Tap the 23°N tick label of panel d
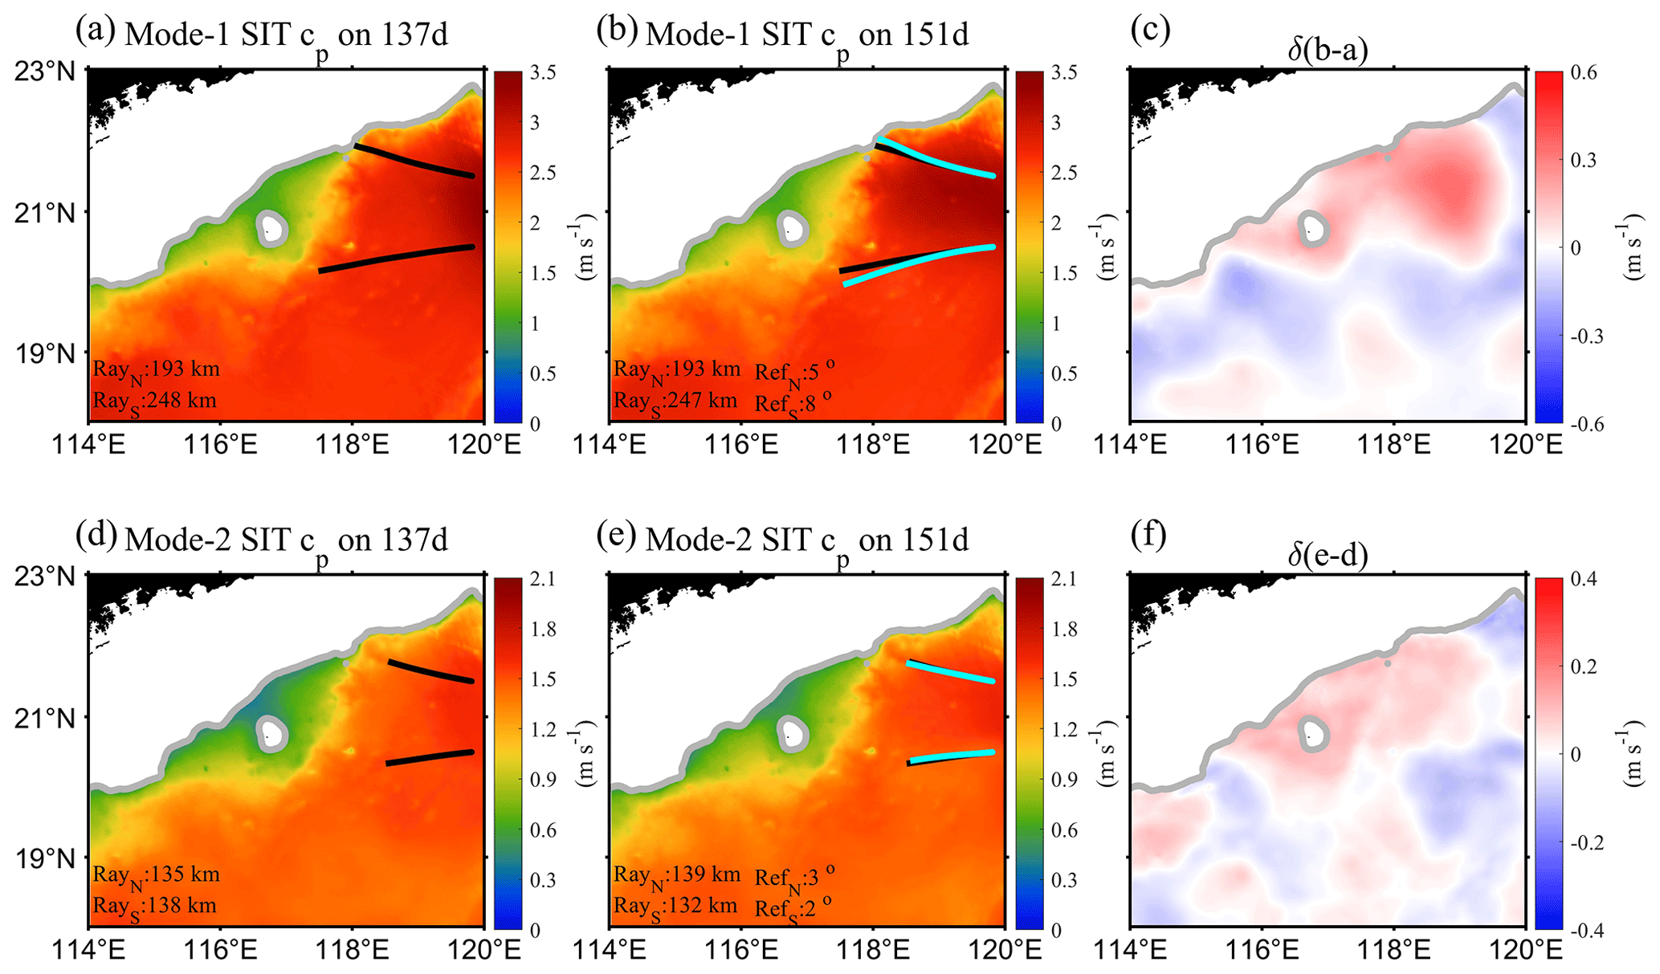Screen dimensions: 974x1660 tap(45, 577)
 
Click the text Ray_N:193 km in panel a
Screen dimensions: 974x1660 tap(156, 370)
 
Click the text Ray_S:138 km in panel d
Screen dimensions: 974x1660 tap(154, 907)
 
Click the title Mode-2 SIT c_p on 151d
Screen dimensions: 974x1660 tap(806, 540)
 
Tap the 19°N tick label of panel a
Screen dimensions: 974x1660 tap(45, 353)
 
